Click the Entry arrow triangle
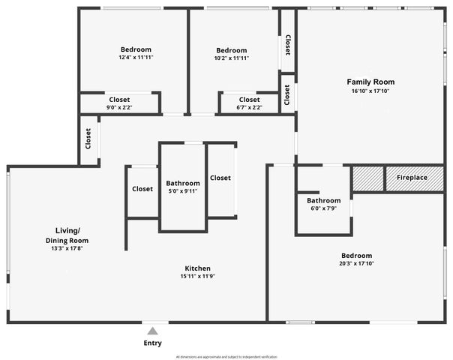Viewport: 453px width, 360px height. pyautogui.click(x=152, y=331)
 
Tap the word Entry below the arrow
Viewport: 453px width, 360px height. pyautogui.click(x=152, y=343)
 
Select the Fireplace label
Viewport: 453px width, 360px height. pyautogui.click(x=412, y=178)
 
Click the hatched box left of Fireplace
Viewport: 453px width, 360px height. pyautogui.click(x=367, y=178)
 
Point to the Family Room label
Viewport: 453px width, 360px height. pyautogui.click(x=370, y=82)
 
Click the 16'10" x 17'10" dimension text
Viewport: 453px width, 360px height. pyautogui.click(x=370, y=91)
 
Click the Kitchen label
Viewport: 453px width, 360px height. pyautogui.click(x=198, y=268)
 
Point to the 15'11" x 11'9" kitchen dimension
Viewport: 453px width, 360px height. pyautogui.click(x=198, y=276)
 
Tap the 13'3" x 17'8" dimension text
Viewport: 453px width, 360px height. pyautogui.click(x=70, y=248)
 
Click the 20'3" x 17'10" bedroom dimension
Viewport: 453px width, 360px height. pyautogui.click(x=355, y=263)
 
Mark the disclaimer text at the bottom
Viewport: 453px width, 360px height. pyautogui.click(x=226, y=356)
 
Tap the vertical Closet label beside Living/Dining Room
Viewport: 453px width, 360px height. pyautogui.click(x=88, y=139)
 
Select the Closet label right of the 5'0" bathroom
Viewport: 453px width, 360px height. pyautogui.click(x=220, y=178)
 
